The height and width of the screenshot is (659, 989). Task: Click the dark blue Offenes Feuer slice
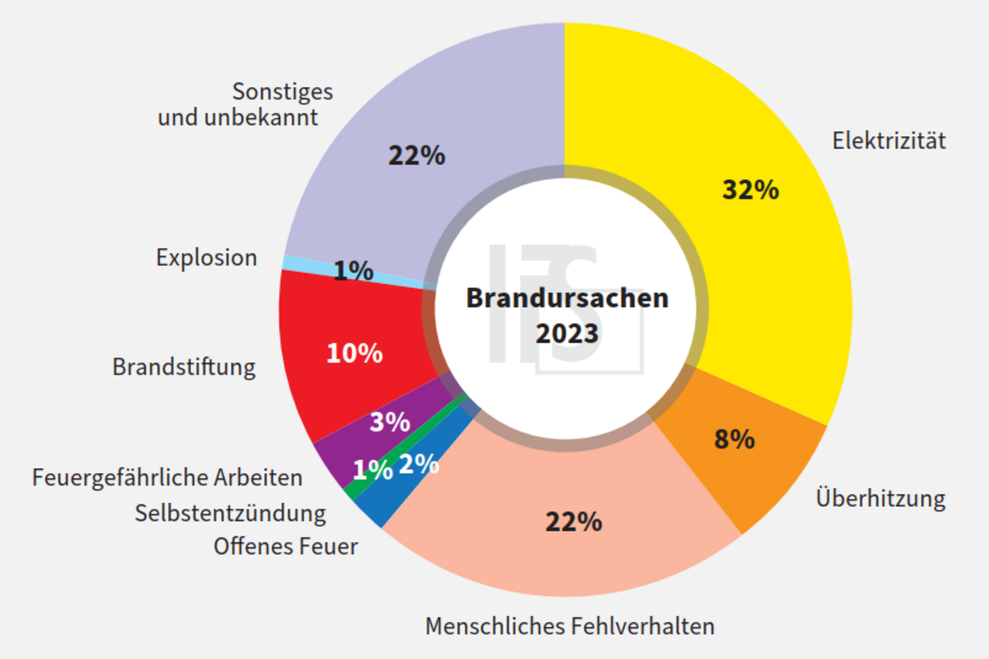point(380,508)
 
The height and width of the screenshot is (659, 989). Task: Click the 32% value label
point(750,189)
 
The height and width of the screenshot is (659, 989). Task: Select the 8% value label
point(734,439)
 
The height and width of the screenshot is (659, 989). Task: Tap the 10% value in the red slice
point(354,353)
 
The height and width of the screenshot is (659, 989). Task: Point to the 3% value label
point(390,421)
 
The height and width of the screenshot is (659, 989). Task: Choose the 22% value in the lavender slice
point(416,155)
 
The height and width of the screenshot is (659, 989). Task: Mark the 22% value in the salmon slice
point(573,521)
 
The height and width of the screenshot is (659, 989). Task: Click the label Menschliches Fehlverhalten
point(570,626)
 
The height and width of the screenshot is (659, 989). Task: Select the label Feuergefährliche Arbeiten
point(167,478)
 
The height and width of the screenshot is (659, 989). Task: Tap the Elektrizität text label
point(889,140)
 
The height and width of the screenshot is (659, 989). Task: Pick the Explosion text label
point(206,258)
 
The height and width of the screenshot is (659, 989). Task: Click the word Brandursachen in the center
point(567,298)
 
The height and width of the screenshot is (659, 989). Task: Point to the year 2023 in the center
point(567,333)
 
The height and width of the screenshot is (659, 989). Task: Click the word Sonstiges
point(283,92)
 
